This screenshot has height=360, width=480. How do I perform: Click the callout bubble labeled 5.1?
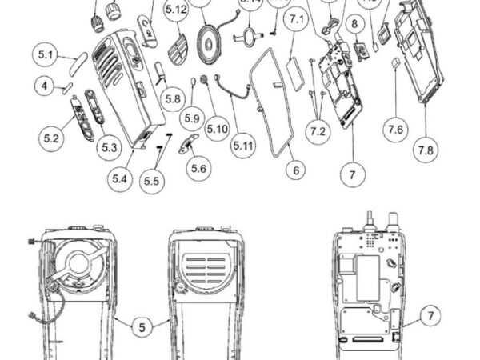45,55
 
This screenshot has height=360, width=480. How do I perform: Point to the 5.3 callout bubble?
109,147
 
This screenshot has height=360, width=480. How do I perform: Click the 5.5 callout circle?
152,182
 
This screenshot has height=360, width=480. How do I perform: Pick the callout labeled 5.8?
172,99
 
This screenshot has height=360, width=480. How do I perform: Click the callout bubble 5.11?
243,146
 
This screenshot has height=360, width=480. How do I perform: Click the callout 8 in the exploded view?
354,26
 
